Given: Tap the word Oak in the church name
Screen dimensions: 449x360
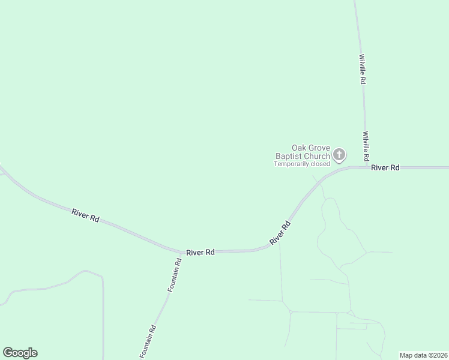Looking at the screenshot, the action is pos(300,148).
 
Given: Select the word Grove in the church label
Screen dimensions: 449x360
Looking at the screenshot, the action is pos(320,148).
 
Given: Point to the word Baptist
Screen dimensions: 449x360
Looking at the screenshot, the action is pos(283,157).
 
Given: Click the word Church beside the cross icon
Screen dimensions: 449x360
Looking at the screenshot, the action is pos(316,157).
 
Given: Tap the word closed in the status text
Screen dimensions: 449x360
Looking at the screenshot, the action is pos(320,164).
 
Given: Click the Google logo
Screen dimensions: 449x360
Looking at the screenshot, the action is pos(20,353).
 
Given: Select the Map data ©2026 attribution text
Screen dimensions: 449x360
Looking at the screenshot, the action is pos(424,355).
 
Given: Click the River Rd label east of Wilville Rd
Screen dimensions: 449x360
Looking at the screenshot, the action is pos(385,168).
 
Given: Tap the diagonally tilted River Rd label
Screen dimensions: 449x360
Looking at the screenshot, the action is pos(280,233).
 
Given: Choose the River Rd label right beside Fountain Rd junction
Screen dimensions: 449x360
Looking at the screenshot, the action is pos(200,253).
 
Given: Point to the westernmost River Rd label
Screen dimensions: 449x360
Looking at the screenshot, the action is pos(85,215).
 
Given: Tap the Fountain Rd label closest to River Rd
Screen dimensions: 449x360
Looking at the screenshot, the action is pos(174,275).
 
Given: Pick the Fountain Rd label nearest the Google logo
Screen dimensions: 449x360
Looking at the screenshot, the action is pos(148,341).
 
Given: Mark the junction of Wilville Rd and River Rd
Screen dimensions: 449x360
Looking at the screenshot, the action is pos(367,167).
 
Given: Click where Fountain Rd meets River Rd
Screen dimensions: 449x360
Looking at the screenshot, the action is pos(182,253).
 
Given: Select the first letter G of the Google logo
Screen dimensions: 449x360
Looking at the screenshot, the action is pos(7,352).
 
